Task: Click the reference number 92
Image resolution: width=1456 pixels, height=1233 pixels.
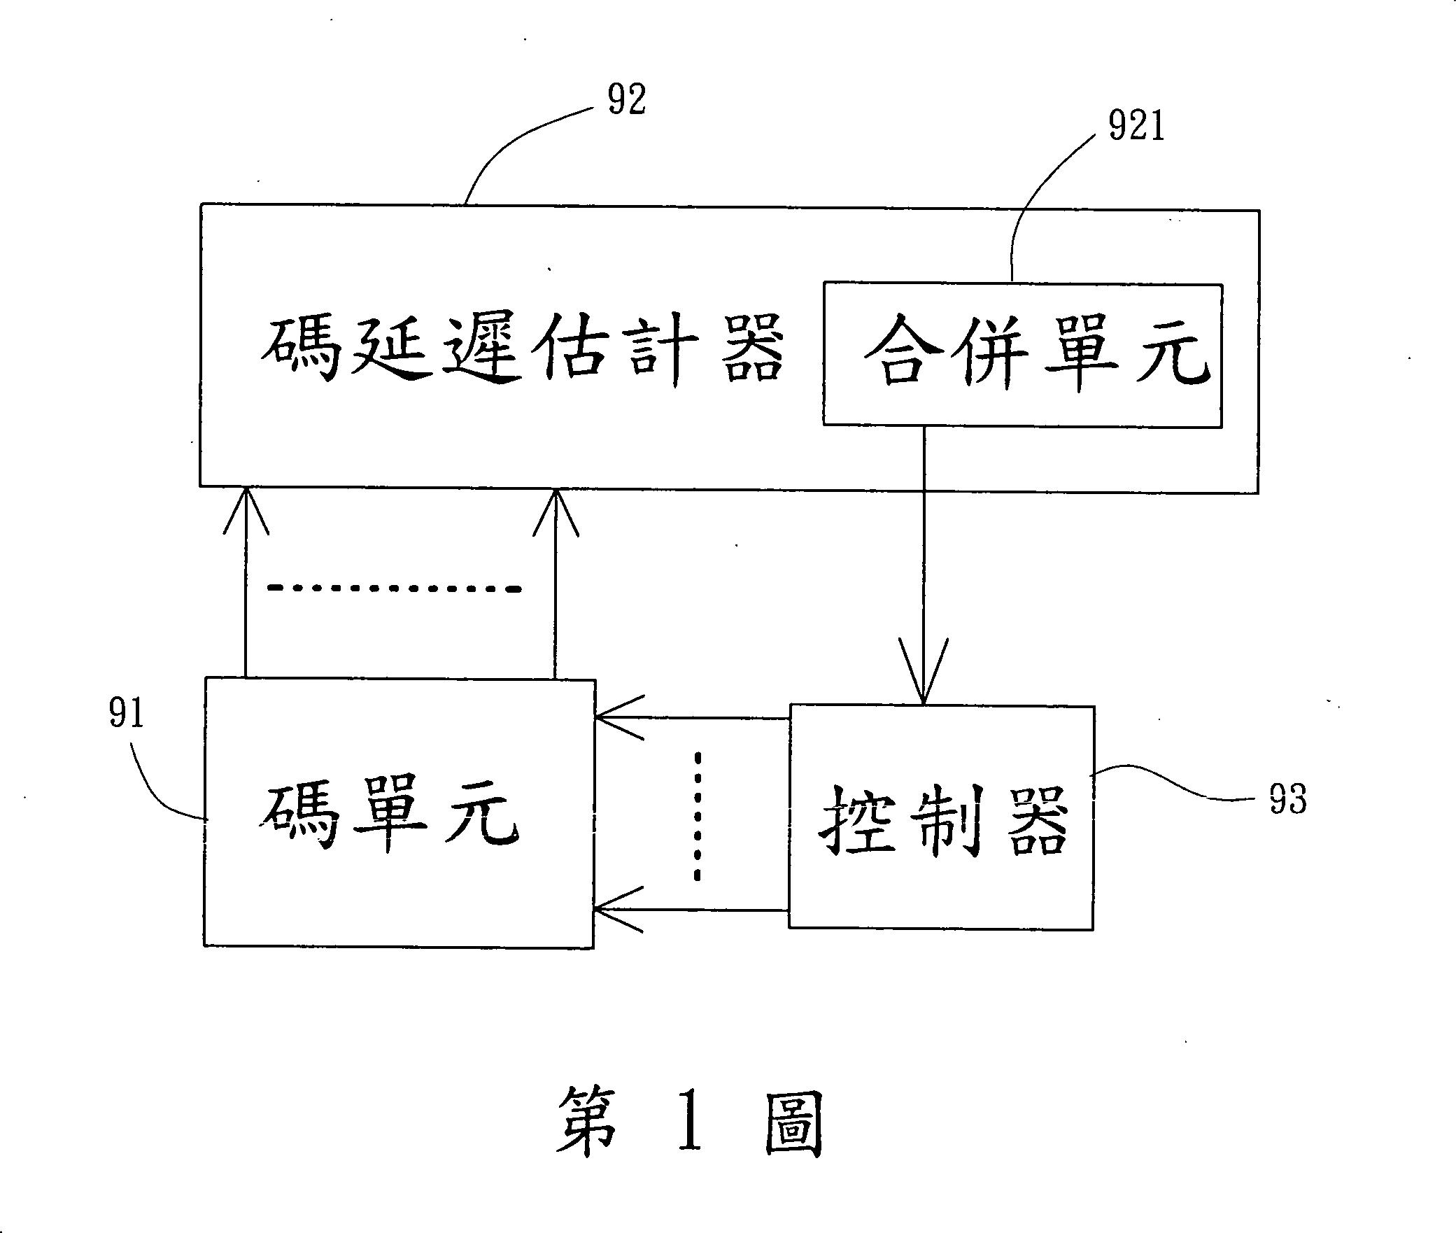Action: click(x=627, y=99)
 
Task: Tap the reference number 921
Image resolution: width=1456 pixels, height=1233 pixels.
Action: click(x=1136, y=128)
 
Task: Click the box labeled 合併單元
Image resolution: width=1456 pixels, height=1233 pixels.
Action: click(x=1022, y=355)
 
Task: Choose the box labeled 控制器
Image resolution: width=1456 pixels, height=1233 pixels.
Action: click(x=941, y=817)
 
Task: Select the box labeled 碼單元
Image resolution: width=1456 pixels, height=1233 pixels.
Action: click(x=398, y=813)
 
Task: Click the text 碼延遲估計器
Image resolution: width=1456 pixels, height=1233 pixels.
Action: click(x=522, y=348)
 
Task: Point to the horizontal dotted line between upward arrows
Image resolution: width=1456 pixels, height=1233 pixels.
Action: click(x=395, y=589)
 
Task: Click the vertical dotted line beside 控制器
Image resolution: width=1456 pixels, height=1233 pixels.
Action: click(x=697, y=816)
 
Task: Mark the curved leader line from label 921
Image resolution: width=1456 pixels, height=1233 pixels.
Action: click(x=1036, y=203)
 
